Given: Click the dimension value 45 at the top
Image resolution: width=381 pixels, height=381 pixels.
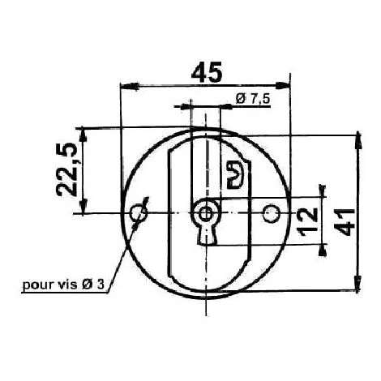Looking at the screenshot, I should click(x=206, y=73).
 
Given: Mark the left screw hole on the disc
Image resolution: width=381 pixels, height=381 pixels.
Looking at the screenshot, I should click(x=138, y=212).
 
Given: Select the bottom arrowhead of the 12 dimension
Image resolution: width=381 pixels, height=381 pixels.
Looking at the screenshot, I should click(x=323, y=240).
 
